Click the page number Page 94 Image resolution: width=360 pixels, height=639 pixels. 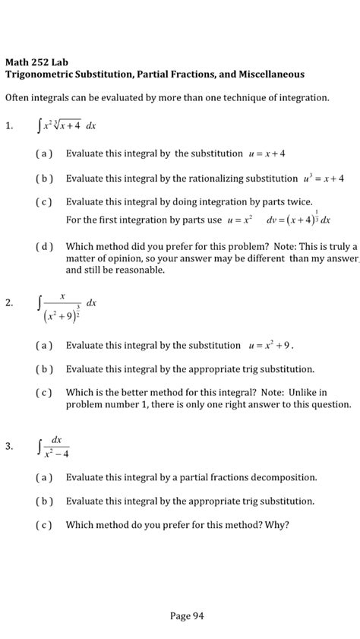pyautogui.click(x=186, y=616)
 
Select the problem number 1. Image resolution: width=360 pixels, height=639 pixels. pyautogui.click(x=8, y=126)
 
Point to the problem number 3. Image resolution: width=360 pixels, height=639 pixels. pyautogui.click(x=8, y=447)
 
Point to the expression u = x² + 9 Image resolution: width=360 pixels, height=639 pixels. pyautogui.click(x=270, y=345)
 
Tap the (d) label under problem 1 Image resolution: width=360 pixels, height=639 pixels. pyautogui.click(x=44, y=247)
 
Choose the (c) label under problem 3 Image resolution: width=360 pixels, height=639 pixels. pyautogui.click(x=44, y=524)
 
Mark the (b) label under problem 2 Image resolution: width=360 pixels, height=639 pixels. pyautogui.click(x=44, y=369)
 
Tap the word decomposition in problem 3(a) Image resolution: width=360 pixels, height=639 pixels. pyautogui.click(x=279, y=478)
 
